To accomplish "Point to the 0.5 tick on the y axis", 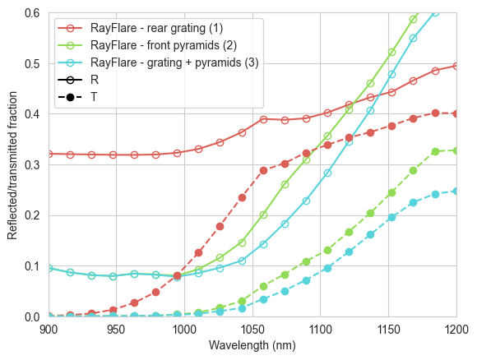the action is click(32, 64).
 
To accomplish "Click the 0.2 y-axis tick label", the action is click(32, 215).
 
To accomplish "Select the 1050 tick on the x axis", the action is click(252, 330).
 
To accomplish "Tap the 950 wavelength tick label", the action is click(116, 330).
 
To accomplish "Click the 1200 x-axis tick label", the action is click(456, 330).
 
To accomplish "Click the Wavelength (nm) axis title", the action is click(252, 345).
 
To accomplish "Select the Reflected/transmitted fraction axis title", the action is click(12, 165).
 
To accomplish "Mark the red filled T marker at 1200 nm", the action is click(456, 114).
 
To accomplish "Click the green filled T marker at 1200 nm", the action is click(456, 150).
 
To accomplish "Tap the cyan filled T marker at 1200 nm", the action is click(456, 191).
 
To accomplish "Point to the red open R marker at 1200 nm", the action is click(456, 66).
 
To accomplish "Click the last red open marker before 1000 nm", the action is click(178, 153).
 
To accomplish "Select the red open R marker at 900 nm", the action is click(49, 155).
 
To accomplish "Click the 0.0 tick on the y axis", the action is click(32, 317).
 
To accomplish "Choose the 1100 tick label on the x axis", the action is click(321, 330).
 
